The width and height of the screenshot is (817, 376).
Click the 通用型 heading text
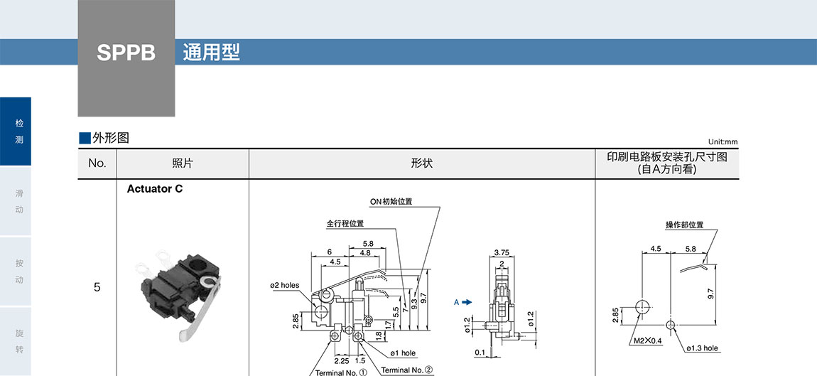click(x=211, y=53)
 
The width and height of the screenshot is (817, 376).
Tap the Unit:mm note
click(x=723, y=141)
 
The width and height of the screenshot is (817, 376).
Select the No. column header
click(x=97, y=163)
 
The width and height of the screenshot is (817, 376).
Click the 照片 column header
click(x=183, y=163)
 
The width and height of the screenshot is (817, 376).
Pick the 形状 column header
click(x=421, y=163)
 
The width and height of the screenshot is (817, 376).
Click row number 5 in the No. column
click(x=97, y=288)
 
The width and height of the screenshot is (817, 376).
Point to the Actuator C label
click(x=155, y=189)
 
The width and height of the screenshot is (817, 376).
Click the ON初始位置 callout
click(x=391, y=201)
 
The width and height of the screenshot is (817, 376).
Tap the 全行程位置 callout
click(x=345, y=223)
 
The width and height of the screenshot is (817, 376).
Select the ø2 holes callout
click(x=284, y=286)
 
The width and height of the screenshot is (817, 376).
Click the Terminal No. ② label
click(x=406, y=370)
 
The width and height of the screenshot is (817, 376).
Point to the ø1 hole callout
click(x=403, y=353)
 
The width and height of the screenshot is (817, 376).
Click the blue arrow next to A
click(x=467, y=302)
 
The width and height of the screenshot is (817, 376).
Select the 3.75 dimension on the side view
click(x=501, y=252)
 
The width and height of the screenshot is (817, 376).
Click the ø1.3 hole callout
click(x=703, y=348)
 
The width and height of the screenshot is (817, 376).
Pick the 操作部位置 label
click(x=684, y=225)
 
